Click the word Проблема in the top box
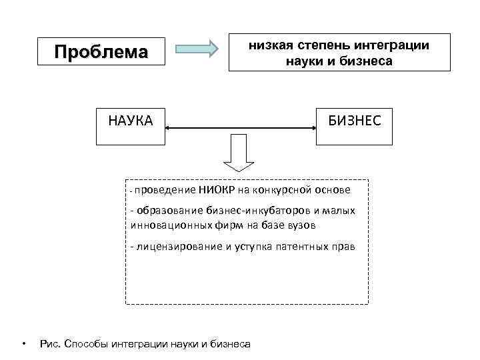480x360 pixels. pyautogui.click(x=101, y=52)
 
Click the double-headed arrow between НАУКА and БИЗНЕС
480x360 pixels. pyautogui.click(x=240, y=126)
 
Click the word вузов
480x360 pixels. pyautogui.click(x=302, y=225)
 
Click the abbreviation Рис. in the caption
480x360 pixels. pyautogui.click(x=51, y=344)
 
